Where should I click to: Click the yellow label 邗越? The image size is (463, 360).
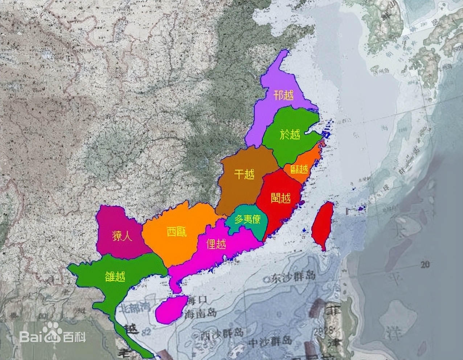coord(284,96)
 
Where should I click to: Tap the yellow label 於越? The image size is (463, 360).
coord(290,135)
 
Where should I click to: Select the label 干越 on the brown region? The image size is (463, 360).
coord(244,175)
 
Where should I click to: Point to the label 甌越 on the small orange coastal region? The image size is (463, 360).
coord(299,169)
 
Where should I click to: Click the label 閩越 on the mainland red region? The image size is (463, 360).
coord(280,198)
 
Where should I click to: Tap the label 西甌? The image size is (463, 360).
coord(177,232)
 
